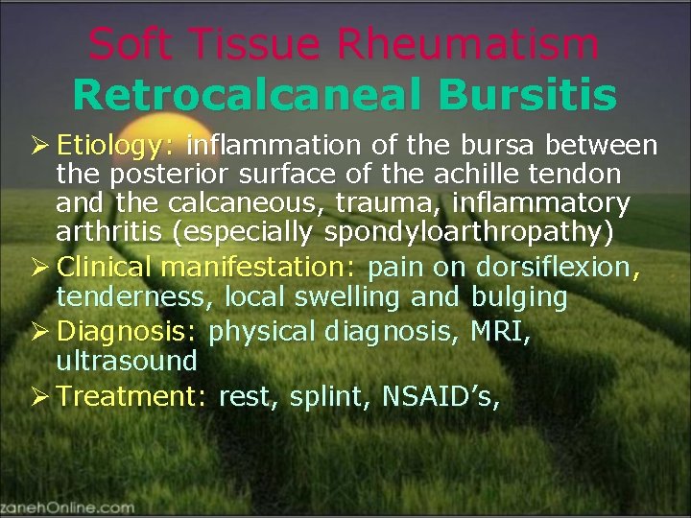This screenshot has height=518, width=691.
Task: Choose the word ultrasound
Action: (x=126, y=361)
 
